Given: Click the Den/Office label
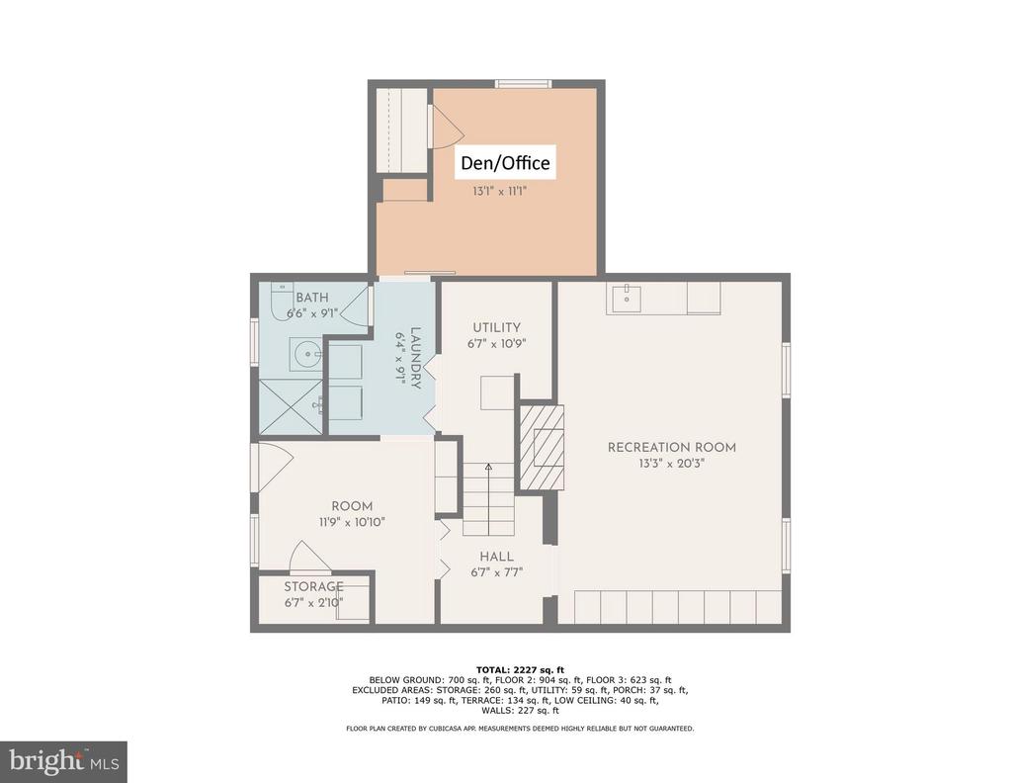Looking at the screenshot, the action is [505, 162].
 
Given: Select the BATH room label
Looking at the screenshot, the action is [311, 298].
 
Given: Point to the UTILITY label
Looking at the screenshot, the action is [496, 327].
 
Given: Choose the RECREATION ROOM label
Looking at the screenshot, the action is [672, 447].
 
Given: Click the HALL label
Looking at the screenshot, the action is [496, 557].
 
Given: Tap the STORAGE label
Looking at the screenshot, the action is [313, 587].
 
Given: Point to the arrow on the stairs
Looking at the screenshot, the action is [488, 499].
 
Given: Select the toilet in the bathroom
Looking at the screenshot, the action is [280, 301].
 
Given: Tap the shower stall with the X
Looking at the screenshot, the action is [291, 406].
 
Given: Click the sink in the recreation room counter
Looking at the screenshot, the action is [626, 299].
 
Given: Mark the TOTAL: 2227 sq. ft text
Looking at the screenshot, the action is [520, 670].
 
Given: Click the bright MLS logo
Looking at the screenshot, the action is [63, 762].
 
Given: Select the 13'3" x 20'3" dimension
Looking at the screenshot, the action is [671, 463].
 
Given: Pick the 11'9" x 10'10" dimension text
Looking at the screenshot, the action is [352, 522].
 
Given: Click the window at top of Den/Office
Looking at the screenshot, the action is [524, 83].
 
